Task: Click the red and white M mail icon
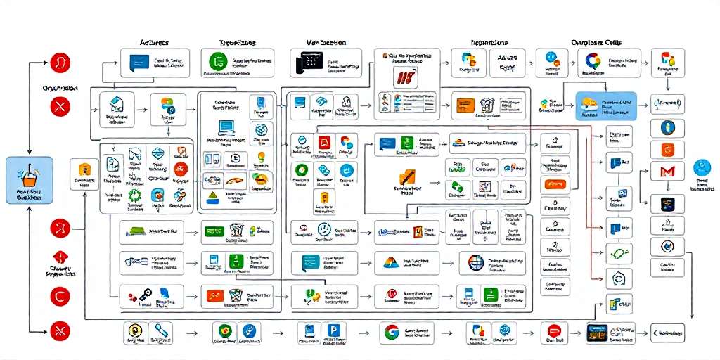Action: pyautogui.click(x=662, y=171)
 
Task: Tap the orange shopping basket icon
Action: pyautogui.click(x=30, y=174)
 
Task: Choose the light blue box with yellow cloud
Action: pyautogui.click(x=605, y=106)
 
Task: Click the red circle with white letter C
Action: pyautogui.click(x=60, y=296)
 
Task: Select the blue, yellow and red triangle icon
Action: pyautogui.click(x=390, y=264)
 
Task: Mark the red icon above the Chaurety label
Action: pyautogui.click(x=60, y=258)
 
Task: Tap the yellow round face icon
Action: pyautogui.click(x=134, y=331)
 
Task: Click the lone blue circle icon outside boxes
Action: pyautogui.click(x=702, y=167)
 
